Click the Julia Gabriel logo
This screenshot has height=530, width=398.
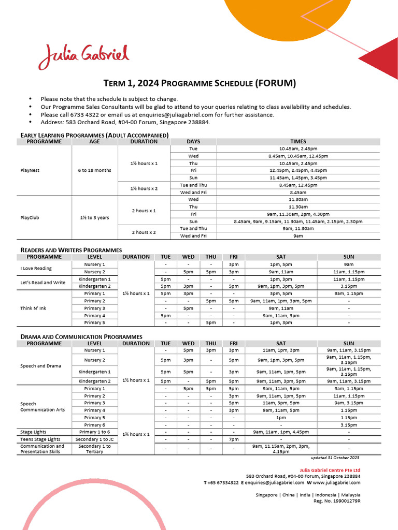83,56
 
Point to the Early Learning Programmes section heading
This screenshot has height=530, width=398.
94,135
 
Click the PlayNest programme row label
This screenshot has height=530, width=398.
30,170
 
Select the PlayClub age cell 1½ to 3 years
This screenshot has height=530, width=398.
94,217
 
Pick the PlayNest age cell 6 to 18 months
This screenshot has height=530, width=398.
94,170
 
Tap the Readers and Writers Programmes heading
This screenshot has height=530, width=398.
71,250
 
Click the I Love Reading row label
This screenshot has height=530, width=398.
36,268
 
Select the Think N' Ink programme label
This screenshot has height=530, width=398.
33,308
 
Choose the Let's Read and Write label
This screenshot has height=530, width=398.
42,283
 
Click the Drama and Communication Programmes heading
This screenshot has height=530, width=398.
81,336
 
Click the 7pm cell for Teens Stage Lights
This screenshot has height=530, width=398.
234,439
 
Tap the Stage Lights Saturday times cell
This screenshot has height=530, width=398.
280,432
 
